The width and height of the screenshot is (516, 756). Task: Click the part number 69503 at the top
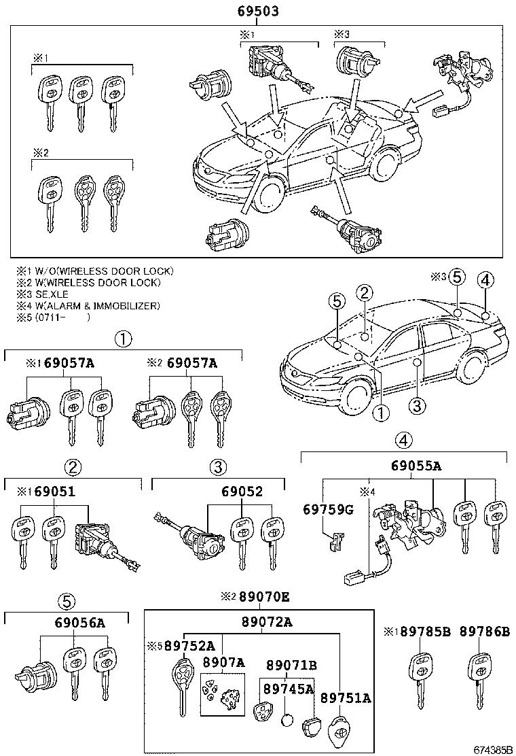coord(258,12)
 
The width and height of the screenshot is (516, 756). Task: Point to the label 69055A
coord(416,466)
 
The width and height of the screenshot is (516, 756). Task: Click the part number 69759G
coord(328,510)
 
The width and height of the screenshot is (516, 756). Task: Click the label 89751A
coord(346,698)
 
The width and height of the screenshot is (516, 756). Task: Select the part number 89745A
coord(289,688)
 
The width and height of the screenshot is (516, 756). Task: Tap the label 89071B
coord(291,664)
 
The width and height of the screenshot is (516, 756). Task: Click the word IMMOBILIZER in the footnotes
coord(128,305)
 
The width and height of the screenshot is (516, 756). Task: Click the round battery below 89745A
coord(288,721)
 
